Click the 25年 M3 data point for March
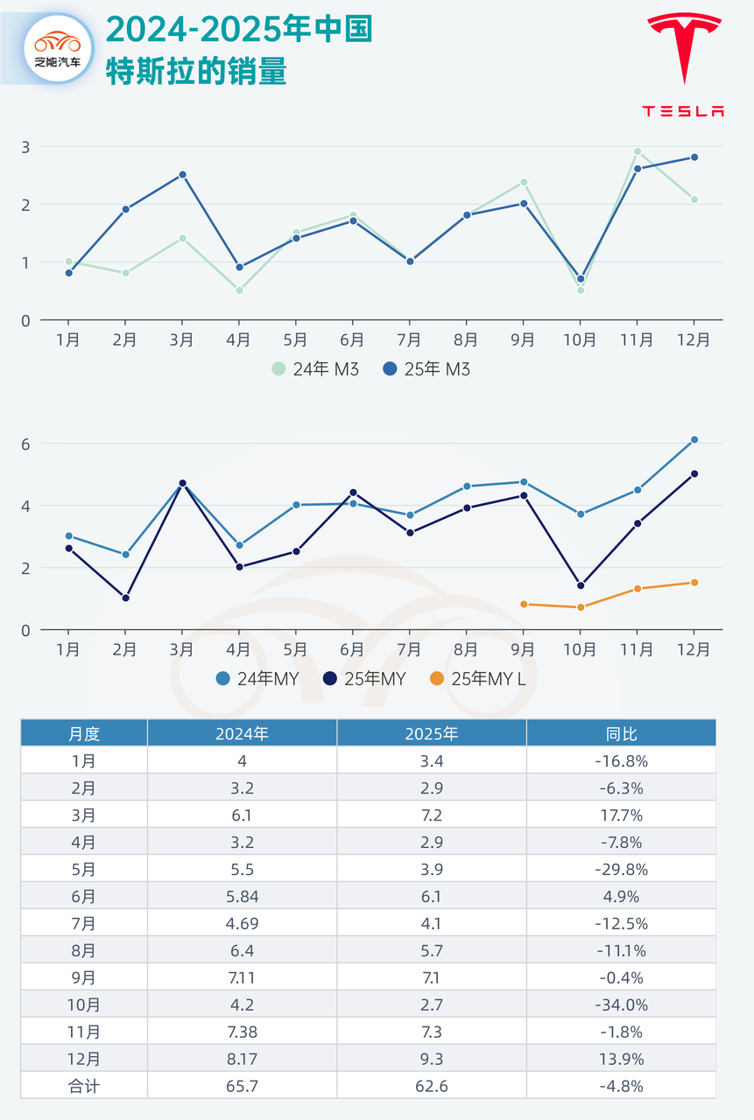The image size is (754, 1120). coord(182,175)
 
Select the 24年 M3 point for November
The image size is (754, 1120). coord(638,151)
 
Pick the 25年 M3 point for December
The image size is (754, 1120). coord(694,157)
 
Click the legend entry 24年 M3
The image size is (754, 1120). coord(314,369)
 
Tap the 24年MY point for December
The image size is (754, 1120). coord(694,440)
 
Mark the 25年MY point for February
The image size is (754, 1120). coord(125,598)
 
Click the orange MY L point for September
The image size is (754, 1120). coord(524,604)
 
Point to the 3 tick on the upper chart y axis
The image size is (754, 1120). coord(25,146)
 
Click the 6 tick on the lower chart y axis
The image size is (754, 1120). coord(25,444)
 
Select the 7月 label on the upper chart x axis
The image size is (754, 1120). coord(410,339)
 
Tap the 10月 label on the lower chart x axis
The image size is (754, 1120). coord(581,649)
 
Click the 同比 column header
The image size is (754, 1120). coord(620,733)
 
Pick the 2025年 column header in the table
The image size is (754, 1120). coord(431,733)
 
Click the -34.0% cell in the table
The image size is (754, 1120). coord(620,1005)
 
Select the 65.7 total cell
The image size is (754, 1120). coord(242,1086)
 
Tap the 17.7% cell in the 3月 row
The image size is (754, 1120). coord(620,815)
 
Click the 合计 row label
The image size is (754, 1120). coord(84,1086)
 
